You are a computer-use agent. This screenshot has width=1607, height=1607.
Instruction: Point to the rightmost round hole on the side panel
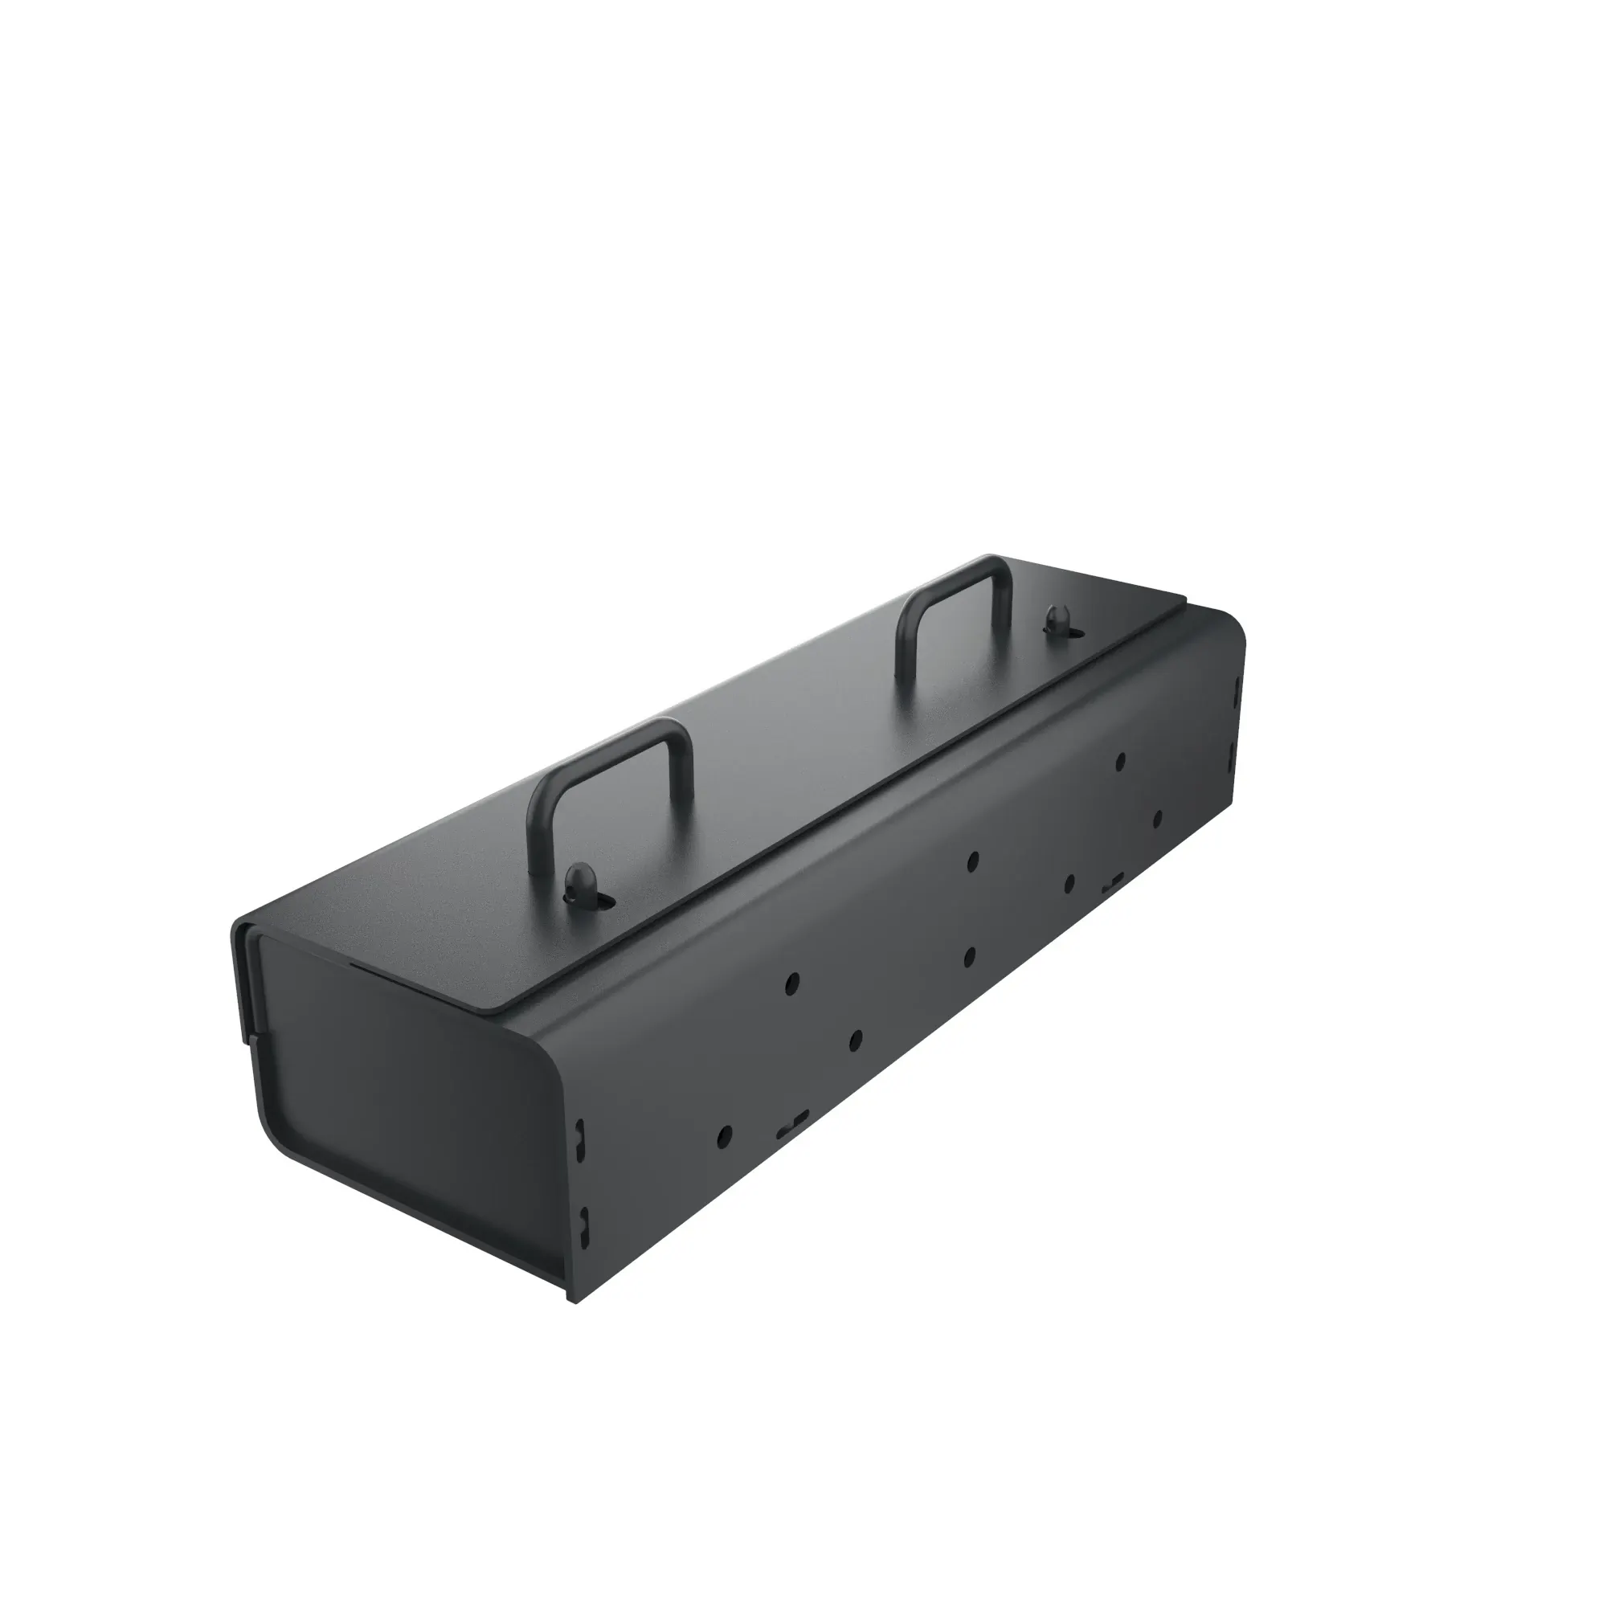[x=1157, y=817]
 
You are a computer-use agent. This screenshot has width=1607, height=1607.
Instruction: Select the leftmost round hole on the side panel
[x=725, y=1133]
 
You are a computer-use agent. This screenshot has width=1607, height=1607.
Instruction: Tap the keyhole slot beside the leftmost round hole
[x=792, y=1124]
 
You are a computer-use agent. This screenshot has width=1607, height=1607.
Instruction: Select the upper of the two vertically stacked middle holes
[x=971, y=861]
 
